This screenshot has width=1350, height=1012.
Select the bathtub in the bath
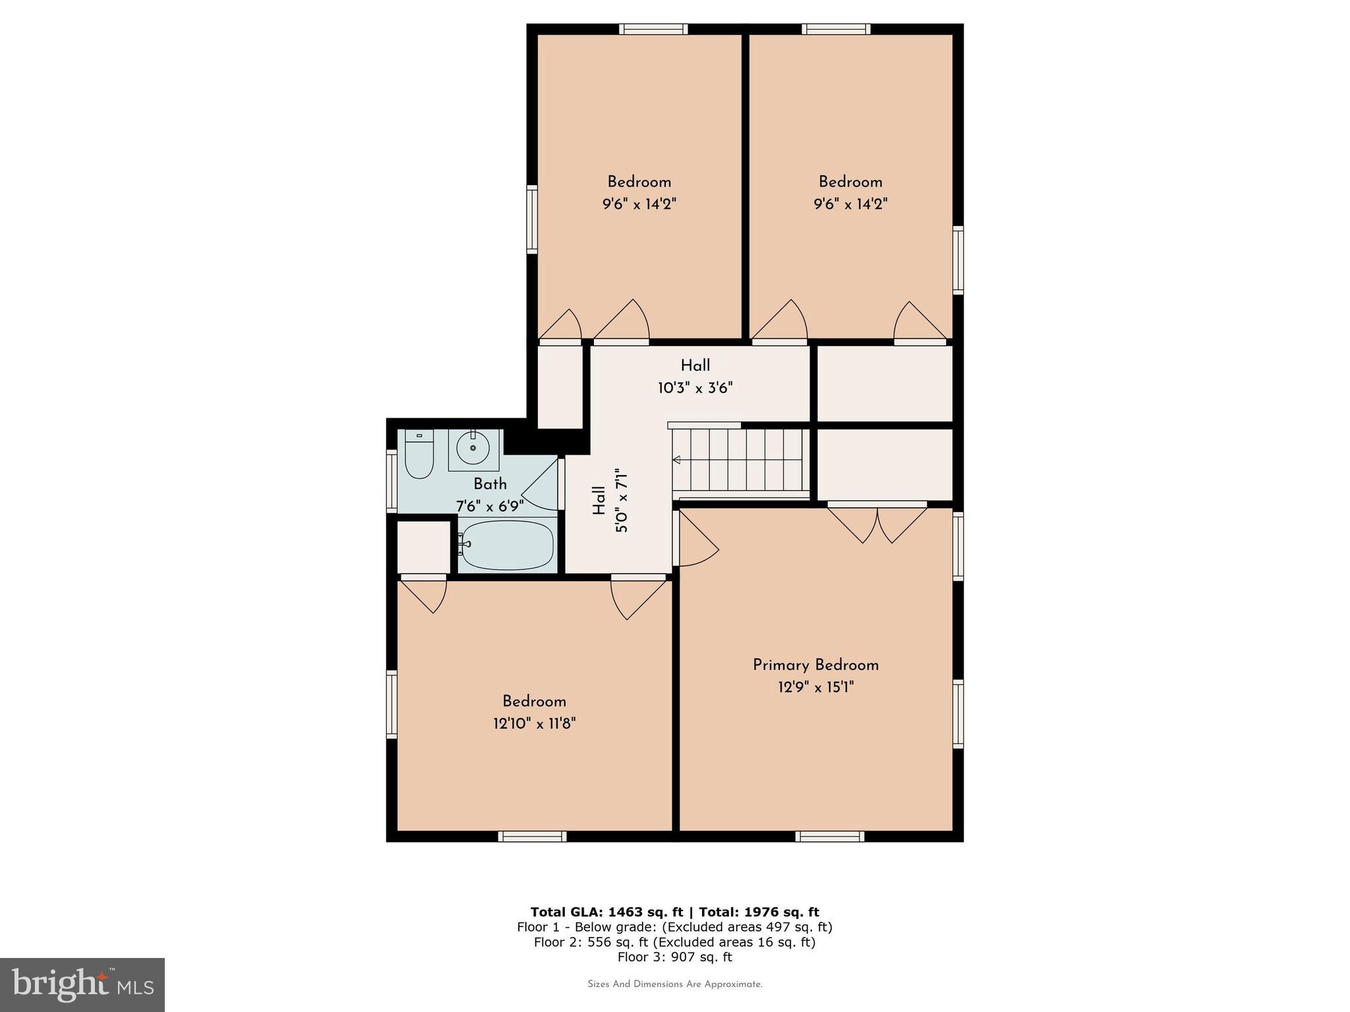pyautogui.click(x=506, y=546)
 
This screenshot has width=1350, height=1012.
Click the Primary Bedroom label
pyautogui.click(x=815, y=665)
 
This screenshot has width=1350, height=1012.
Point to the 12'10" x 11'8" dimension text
pyautogui.click(x=534, y=723)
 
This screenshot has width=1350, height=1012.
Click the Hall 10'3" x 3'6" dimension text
pyautogui.click(x=695, y=387)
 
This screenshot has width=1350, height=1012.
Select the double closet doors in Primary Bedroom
pyautogui.click(x=877, y=524)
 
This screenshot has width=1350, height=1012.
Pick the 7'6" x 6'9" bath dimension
pyautogui.click(x=490, y=506)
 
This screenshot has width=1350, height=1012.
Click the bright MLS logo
pyautogui.click(x=82, y=984)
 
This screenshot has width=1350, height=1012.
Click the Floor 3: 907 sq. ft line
pyautogui.click(x=674, y=957)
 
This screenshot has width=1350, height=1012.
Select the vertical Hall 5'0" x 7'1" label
pyautogui.click(x=610, y=501)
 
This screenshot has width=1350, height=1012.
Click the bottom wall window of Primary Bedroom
pyautogui.click(x=829, y=836)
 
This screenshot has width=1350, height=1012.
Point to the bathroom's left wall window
pyautogui.click(x=392, y=480)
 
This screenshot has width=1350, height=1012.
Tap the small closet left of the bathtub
pyautogui.click(x=423, y=547)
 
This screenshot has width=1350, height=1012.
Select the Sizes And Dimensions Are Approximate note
pyautogui.click(x=674, y=984)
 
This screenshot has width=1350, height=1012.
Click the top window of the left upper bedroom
pyautogui.click(x=653, y=29)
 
